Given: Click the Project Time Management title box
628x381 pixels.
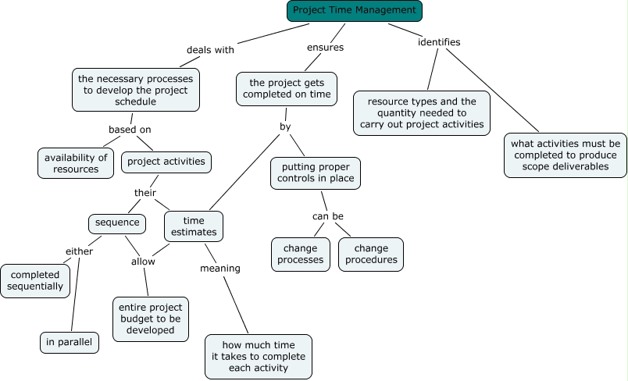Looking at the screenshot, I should point(355,11).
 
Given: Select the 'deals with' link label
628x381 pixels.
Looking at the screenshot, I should point(210,50).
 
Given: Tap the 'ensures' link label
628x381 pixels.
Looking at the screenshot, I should point(325,47).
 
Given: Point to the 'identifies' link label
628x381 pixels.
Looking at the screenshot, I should point(439,41).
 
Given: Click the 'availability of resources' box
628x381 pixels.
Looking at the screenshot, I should point(76,162).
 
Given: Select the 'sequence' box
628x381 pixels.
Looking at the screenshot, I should point(117,223).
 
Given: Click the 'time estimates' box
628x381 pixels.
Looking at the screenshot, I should point(194,226).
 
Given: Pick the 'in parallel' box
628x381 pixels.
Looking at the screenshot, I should point(70,342).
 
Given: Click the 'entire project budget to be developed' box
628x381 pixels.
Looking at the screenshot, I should point(151,318).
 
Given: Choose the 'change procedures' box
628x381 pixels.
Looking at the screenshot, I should point(371,254).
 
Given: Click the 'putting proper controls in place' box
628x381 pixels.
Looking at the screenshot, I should point(316,173).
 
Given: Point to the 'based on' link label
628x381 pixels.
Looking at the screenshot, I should point(130,129).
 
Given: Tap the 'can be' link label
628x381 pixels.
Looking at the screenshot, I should point(327,216).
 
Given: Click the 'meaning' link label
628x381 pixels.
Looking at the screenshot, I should point(220,269).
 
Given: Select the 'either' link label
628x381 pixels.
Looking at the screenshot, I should point(79,251).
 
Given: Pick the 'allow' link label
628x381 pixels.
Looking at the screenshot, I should point(143,262).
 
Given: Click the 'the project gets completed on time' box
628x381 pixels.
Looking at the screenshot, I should point(287,88).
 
